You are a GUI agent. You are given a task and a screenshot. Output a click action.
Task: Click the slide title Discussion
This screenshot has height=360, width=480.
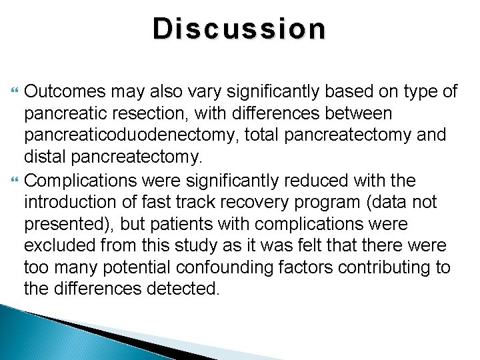tap(240, 29)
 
